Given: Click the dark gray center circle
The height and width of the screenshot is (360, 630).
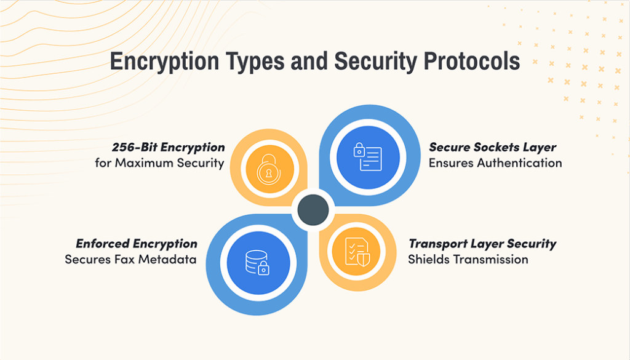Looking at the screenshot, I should click(x=315, y=209).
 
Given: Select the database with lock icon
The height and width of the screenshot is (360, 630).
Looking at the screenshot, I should click(x=255, y=262).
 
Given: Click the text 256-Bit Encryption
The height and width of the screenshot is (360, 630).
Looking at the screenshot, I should click(x=168, y=148).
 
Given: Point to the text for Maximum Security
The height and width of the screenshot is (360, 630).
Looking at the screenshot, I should click(x=159, y=163).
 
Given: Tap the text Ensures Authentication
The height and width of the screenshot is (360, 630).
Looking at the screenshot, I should click(x=495, y=163).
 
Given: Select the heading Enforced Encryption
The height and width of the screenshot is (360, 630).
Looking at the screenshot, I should click(x=137, y=244).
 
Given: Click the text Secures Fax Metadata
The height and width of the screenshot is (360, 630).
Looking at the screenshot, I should click(x=130, y=259).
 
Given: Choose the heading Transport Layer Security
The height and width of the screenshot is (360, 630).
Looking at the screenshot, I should click(x=482, y=244).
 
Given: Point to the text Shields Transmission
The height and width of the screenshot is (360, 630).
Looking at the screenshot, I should click(x=468, y=259).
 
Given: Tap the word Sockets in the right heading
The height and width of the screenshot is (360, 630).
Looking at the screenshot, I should click(x=493, y=148).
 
